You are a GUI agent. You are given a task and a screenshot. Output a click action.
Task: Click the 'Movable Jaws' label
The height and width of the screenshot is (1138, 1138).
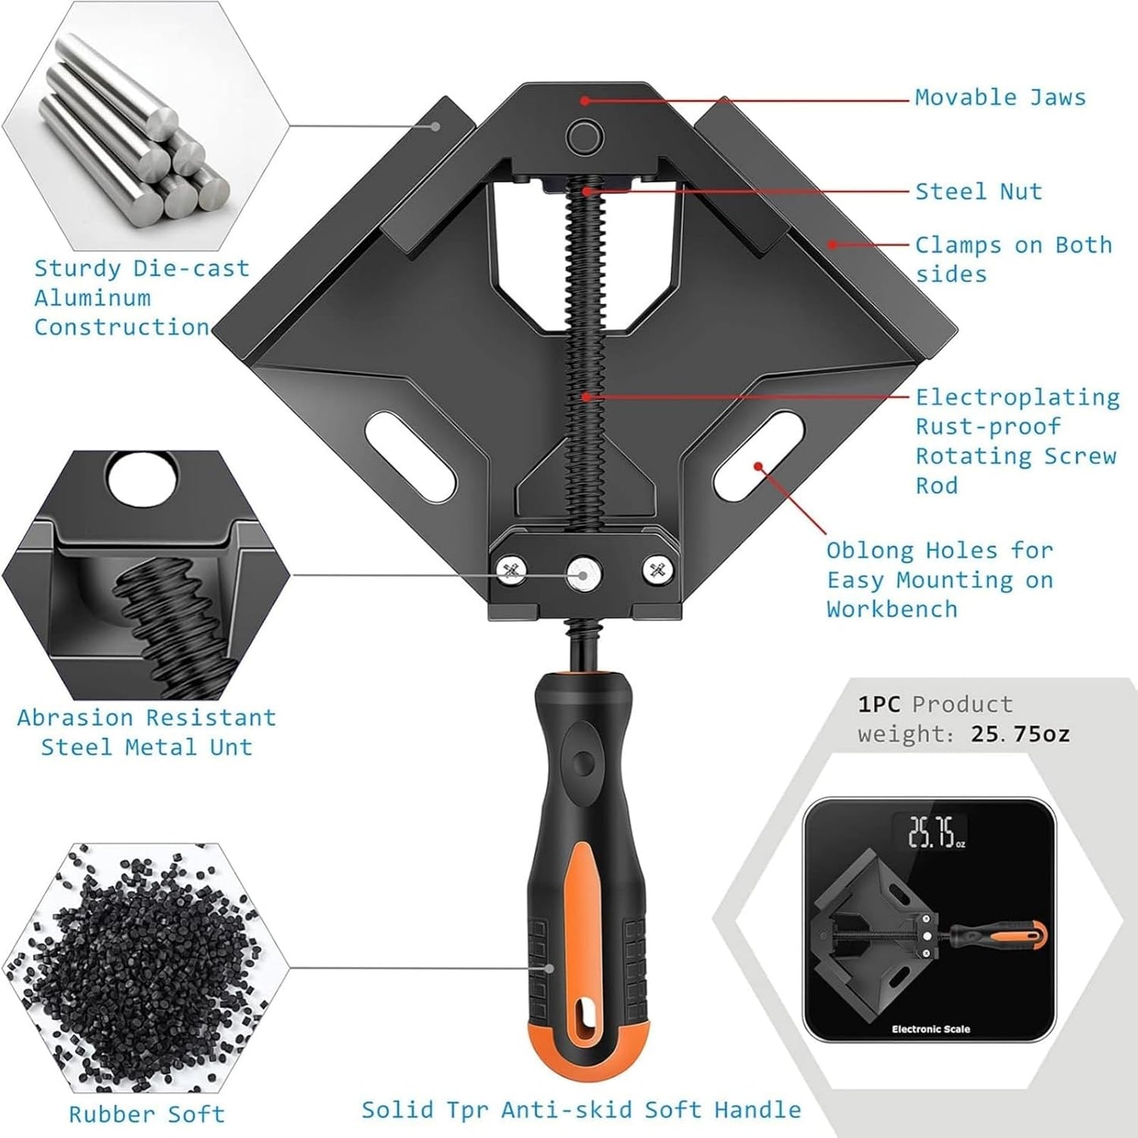pos(1000,98)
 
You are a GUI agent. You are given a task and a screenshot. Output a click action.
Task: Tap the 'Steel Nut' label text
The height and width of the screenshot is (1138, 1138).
pos(978,191)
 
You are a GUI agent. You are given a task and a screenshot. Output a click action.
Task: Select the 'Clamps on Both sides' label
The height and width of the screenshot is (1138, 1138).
pos(1014,259)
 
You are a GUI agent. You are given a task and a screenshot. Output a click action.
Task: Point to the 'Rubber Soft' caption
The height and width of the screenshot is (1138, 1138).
pos(147,1114)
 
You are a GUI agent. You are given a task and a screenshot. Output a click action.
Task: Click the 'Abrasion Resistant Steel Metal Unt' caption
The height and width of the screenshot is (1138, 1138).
pos(146,732)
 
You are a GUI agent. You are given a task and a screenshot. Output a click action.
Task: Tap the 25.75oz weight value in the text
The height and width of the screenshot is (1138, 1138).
pos(1021,734)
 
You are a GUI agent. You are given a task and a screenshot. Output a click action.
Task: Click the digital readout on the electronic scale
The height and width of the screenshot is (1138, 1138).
pos(936,832)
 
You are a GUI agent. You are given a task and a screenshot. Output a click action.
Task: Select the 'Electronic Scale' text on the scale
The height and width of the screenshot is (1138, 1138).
pos(931,1029)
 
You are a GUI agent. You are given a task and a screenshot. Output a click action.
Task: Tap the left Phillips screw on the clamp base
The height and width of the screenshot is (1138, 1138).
pos(511,571)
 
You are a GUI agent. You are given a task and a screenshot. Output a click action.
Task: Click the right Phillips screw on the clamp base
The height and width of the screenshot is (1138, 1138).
pos(658,571)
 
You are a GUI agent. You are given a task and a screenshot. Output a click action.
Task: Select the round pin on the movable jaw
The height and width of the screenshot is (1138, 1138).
pos(584,136)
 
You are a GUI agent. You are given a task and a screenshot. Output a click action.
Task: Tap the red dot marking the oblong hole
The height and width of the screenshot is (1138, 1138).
pos(758,467)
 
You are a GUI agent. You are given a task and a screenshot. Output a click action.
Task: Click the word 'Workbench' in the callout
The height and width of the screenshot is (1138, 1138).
pos(891,609)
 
